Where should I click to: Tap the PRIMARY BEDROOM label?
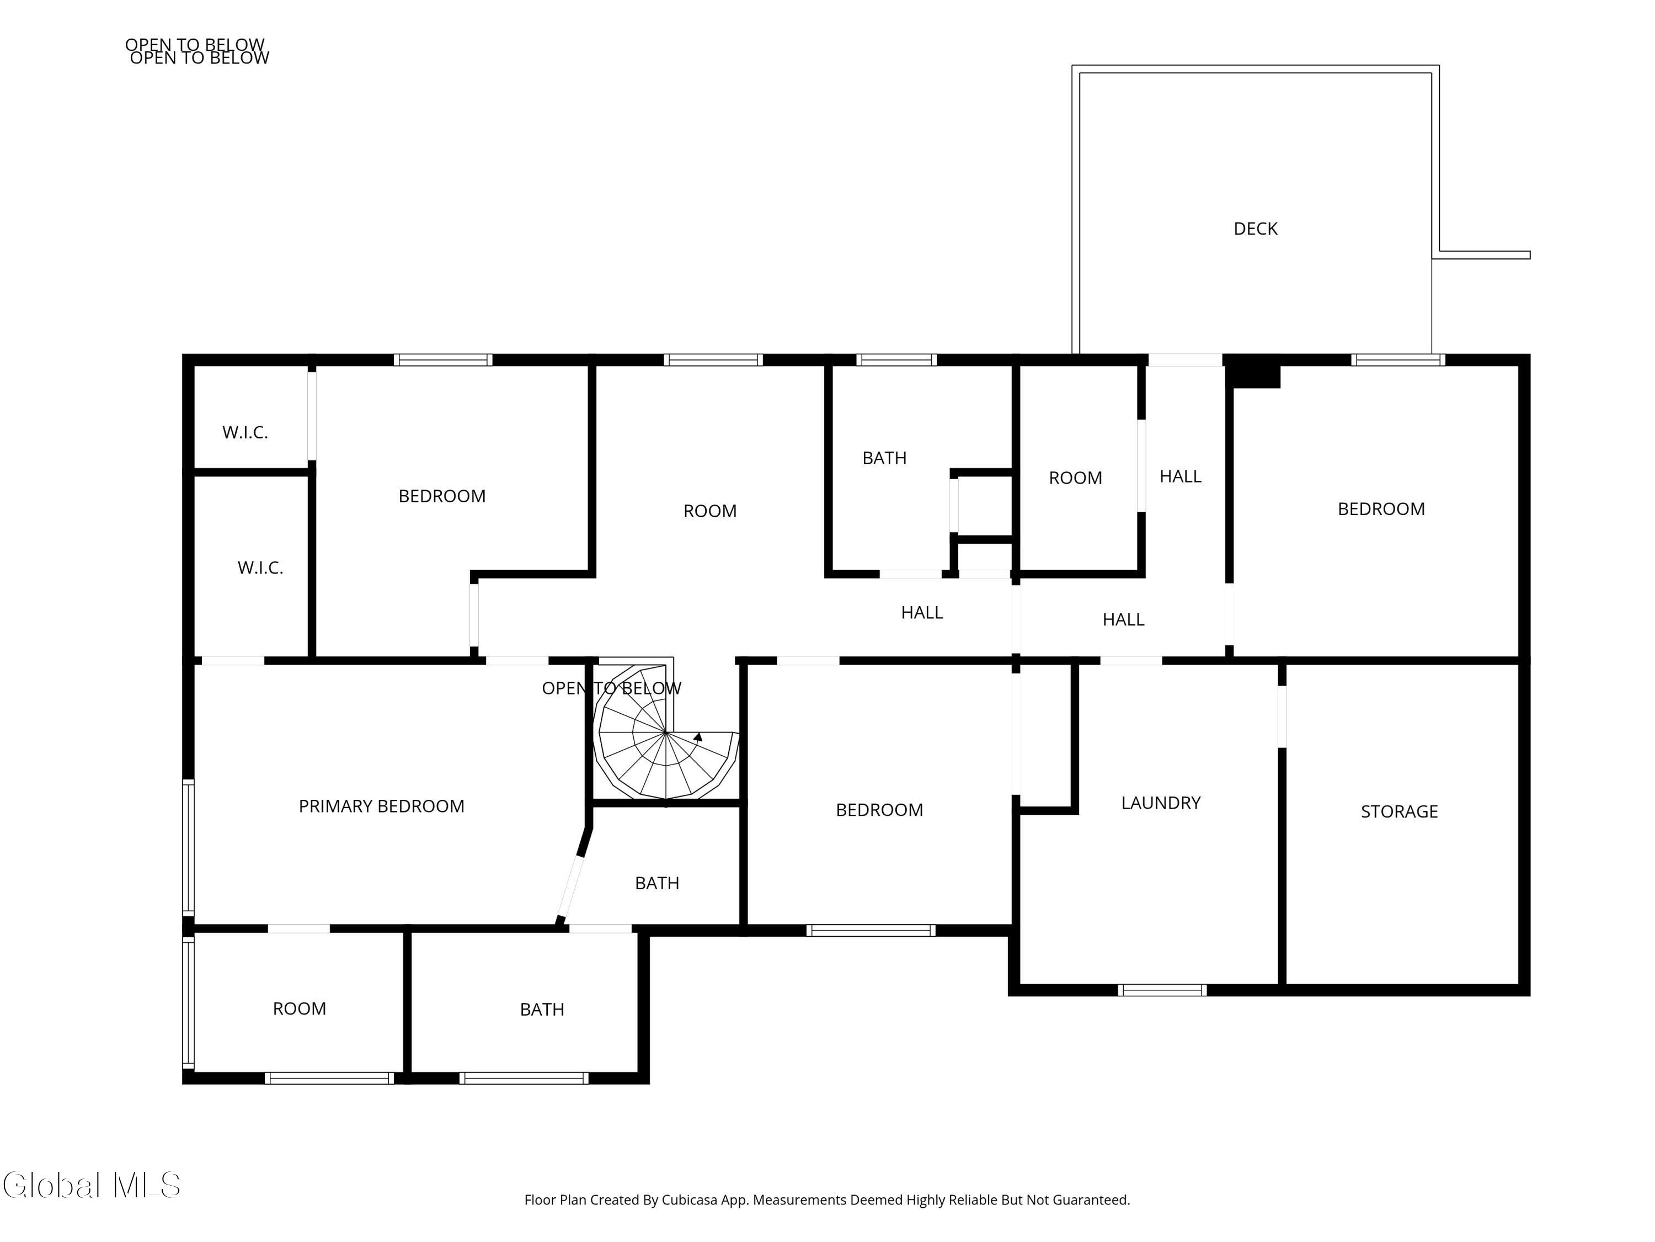click(x=382, y=806)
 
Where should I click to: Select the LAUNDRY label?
click(x=1161, y=803)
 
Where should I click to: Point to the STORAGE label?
click(x=1398, y=811)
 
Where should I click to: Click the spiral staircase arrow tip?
click(x=699, y=736)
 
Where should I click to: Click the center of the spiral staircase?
click(x=665, y=732)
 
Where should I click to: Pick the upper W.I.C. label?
click(x=244, y=433)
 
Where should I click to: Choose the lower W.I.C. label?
click(x=260, y=568)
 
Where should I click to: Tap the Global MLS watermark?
click(x=91, y=1185)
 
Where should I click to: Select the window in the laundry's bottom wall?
click(x=1161, y=990)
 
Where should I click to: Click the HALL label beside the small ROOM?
click(x=1180, y=477)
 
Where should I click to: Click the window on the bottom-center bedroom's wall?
click(x=870, y=931)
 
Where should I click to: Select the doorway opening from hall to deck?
click(x=1184, y=360)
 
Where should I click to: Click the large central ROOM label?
click(x=709, y=511)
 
